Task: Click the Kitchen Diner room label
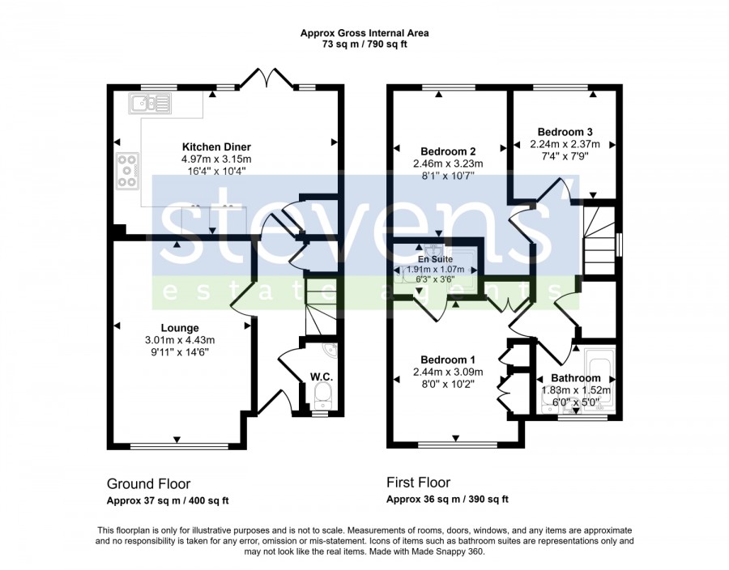pyautogui.click(x=216, y=147)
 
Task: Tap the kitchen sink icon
pyautogui.click(x=150, y=103)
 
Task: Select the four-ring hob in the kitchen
pyautogui.click(x=127, y=171)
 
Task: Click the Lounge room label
pyautogui.click(x=180, y=328)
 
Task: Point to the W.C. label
pyautogui.click(x=322, y=376)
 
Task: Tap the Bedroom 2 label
pyautogui.click(x=448, y=151)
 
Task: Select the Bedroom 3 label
pyautogui.click(x=565, y=132)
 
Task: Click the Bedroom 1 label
pyautogui.click(x=448, y=359)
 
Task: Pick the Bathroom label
pyautogui.click(x=576, y=378)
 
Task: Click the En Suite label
pyautogui.click(x=435, y=259)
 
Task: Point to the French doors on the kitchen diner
pyautogui.click(x=266, y=78)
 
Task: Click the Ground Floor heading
pyautogui.click(x=149, y=484)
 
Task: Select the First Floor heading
pyautogui.click(x=419, y=483)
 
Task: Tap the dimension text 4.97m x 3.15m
pyautogui.click(x=216, y=160)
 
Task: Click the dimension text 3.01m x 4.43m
pyautogui.click(x=180, y=340)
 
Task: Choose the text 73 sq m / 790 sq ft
pyautogui.click(x=364, y=45)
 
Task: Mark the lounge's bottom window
pyautogui.click(x=180, y=446)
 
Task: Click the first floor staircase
pyautogui.click(x=599, y=241)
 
